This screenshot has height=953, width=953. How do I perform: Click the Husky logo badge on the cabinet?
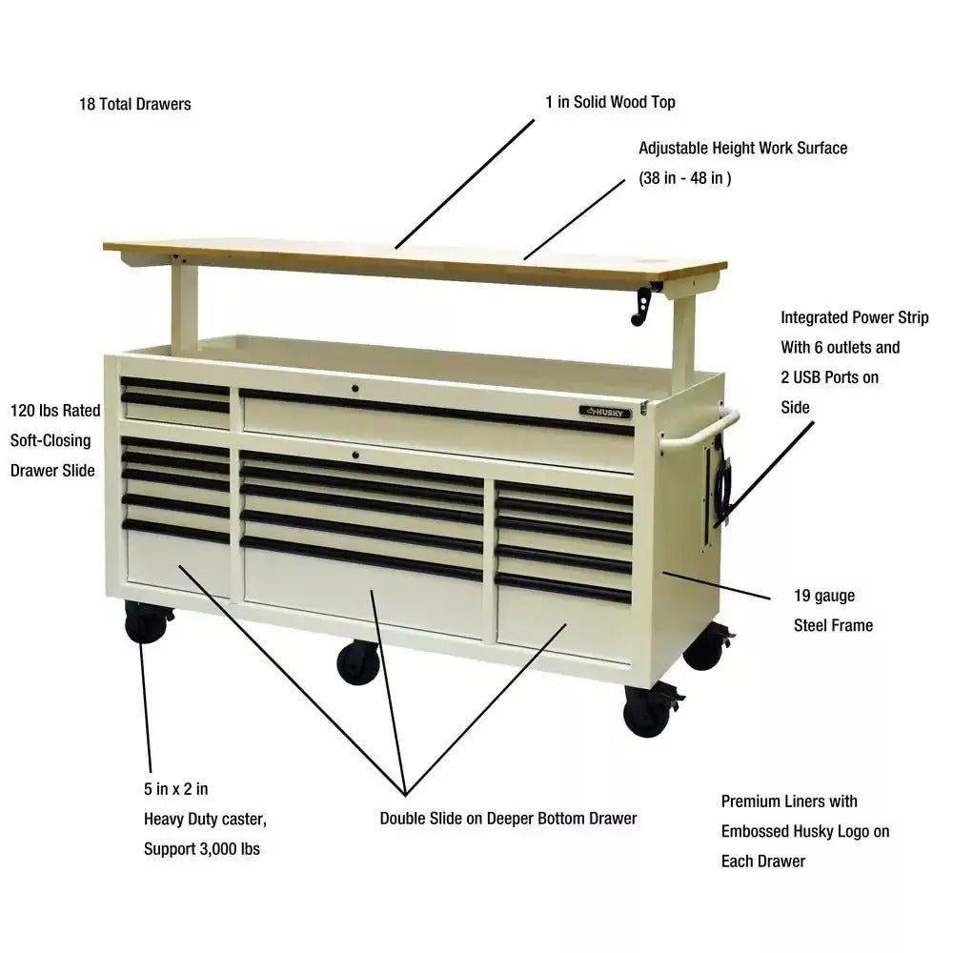pyautogui.click(x=605, y=412)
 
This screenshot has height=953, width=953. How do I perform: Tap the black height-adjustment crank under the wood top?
pyautogui.click(x=641, y=306)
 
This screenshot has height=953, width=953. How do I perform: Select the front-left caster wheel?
pyautogui.click(x=146, y=621)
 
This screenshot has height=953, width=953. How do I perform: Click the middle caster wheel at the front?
pyautogui.click(x=358, y=662)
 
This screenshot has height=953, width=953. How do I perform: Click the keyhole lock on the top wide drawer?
pyautogui.click(x=355, y=389)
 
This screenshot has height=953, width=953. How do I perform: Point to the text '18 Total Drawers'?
pyautogui.click(x=135, y=104)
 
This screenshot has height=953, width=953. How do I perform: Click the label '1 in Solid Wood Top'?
pyautogui.click(x=610, y=102)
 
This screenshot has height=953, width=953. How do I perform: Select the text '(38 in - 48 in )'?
pyautogui.click(x=685, y=178)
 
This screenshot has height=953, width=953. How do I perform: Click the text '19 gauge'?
pyautogui.click(x=824, y=596)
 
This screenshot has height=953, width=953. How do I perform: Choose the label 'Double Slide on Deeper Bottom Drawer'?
pyautogui.click(x=508, y=818)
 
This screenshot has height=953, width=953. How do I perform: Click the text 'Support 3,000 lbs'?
pyautogui.click(x=202, y=848)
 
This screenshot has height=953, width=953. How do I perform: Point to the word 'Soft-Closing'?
pyautogui.click(x=51, y=440)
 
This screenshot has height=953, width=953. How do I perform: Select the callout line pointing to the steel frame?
pyautogui.click(x=717, y=585)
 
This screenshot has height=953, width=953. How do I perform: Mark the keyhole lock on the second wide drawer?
pyautogui.click(x=355, y=455)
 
